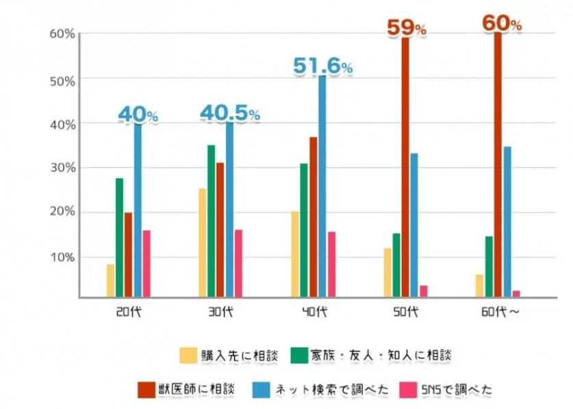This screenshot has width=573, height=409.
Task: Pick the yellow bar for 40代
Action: tap(294, 254)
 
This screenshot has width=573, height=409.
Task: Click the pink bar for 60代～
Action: tap(516, 294)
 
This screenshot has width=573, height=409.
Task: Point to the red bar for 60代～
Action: tap(498, 164)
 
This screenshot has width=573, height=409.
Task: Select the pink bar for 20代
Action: tap(147, 264)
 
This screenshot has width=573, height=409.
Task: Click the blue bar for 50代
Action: tap(414, 225)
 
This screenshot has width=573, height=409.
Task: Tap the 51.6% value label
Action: tap(322, 66)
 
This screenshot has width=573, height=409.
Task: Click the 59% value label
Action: tap(407, 28)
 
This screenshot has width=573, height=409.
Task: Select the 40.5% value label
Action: tap(229, 113)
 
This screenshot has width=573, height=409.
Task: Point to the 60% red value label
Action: tap(502, 23)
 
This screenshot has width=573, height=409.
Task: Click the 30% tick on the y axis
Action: tap(62, 167)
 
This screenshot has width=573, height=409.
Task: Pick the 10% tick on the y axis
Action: tap(62, 257)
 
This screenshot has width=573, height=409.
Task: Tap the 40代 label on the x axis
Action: tap(315, 312)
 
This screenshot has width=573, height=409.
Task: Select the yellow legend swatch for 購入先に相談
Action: tap(187, 356)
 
